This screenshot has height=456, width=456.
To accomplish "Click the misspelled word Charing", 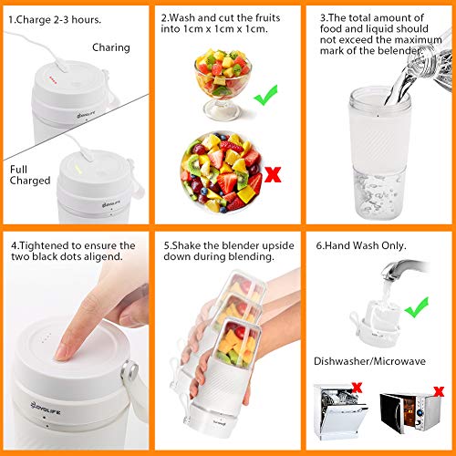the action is click(111, 47).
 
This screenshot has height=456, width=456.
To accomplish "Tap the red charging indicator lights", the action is click(53, 80).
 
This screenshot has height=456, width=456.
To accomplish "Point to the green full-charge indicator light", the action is click(78, 170).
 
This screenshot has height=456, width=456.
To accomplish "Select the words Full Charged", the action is click(30, 175).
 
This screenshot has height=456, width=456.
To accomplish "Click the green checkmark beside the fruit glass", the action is click(265, 95).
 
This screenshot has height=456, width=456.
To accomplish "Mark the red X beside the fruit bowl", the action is click(273, 174).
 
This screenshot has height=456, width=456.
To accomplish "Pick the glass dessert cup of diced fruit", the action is click(223, 84).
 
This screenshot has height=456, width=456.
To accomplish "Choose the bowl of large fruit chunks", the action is click(222, 172).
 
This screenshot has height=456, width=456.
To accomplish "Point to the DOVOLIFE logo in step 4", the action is click(46, 408).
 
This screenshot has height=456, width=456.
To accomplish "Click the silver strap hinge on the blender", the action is click(130, 371).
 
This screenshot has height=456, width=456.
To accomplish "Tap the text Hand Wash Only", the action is click(361, 245).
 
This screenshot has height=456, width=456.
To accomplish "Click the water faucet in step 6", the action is click(403, 270).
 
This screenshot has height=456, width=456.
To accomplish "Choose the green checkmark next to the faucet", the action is click(417, 307).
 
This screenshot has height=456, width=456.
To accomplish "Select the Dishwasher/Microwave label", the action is click(369, 361).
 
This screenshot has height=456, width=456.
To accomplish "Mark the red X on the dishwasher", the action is click(357, 388).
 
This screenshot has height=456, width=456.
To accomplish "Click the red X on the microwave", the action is click(439, 391).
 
